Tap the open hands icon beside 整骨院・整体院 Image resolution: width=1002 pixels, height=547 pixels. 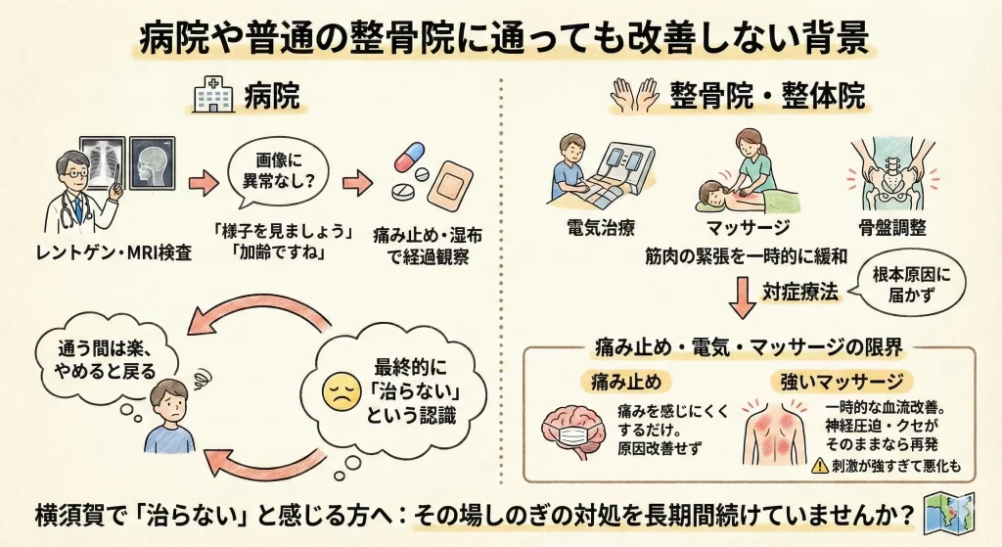(635, 95)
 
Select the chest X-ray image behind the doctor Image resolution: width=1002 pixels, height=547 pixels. (103, 161)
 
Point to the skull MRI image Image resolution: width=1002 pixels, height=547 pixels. (152, 163)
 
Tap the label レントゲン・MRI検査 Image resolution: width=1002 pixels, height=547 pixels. (114, 253)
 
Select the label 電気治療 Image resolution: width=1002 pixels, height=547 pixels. (601, 227)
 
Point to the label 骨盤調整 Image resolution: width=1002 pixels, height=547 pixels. (892, 227)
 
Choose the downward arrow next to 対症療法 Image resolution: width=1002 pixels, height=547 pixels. (742, 296)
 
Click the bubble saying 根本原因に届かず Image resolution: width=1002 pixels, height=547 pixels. (911, 285)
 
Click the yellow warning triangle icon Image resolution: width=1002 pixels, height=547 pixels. (820, 466)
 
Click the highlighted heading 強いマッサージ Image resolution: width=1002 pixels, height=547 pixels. (842, 383)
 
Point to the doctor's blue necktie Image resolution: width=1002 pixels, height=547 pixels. (78, 207)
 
